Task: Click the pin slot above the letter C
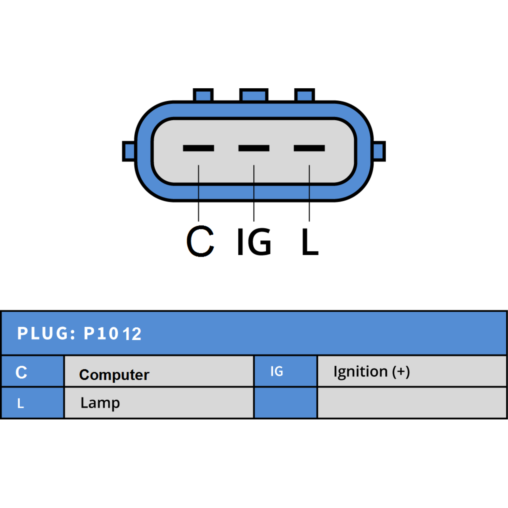(x=198, y=148)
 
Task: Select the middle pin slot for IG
(x=254, y=148)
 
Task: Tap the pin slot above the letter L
(x=309, y=148)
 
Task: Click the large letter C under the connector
(x=200, y=241)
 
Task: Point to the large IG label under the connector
(x=254, y=242)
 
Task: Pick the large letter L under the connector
(x=310, y=242)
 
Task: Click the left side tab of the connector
(x=129, y=151)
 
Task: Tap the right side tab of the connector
(x=379, y=151)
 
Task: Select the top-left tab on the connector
(x=203, y=95)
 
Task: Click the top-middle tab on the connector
(x=254, y=95)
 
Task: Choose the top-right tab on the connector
(x=304, y=95)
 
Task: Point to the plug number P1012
(x=112, y=334)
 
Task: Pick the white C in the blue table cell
(x=21, y=372)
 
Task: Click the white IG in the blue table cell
(x=277, y=371)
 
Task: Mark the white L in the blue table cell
(x=20, y=403)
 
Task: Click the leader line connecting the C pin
(x=198, y=193)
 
